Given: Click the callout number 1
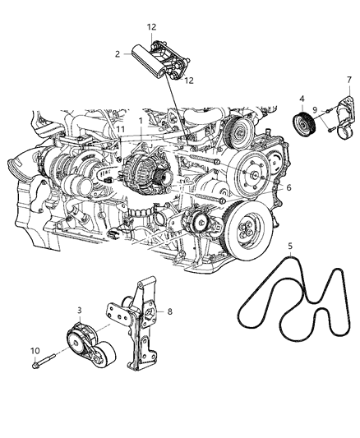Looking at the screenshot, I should click(x=141, y=122).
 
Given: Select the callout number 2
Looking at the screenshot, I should click(x=118, y=53).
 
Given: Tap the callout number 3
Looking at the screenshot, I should click(x=78, y=310).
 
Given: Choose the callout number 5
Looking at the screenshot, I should click(x=289, y=245).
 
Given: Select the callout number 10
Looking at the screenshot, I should click(x=34, y=350).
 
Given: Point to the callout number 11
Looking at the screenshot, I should click(x=119, y=130).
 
